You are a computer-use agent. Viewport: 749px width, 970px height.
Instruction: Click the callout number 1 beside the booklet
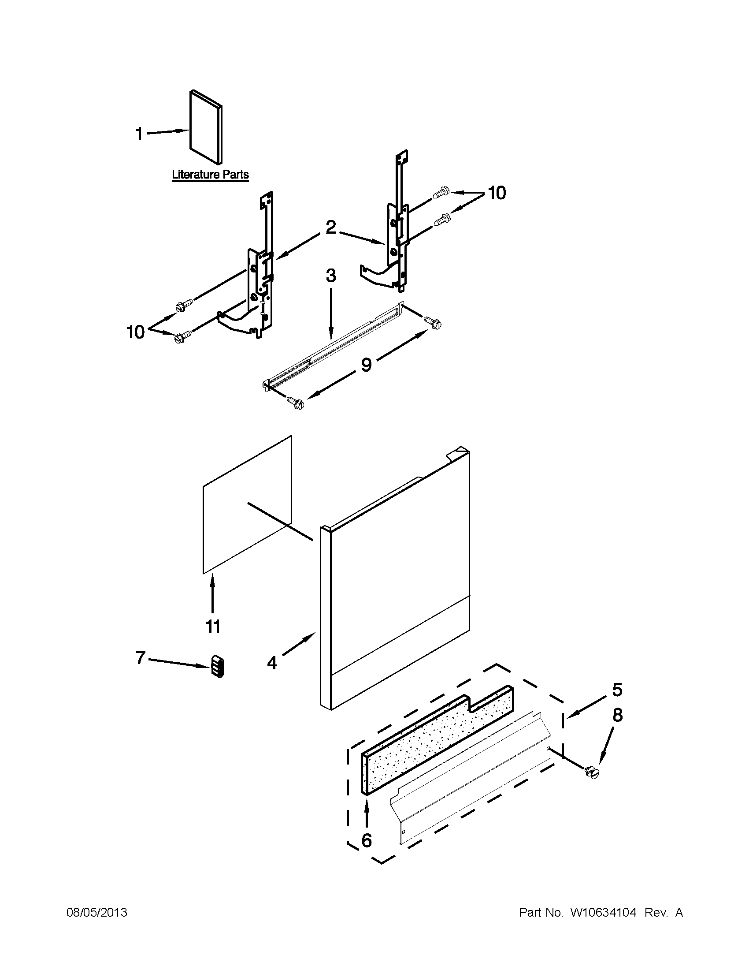pyautogui.click(x=139, y=133)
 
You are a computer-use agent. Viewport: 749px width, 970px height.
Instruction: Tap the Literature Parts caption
pyautogui.click(x=210, y=175)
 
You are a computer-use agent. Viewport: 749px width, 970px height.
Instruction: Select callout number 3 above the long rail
pyautogui.click(x=331, y=276)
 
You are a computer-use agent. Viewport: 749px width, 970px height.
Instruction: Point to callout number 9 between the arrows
pyautogui.click(x=366, y=365)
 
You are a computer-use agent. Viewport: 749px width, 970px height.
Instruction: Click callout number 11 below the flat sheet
pyautogui.click(x=213, y=627)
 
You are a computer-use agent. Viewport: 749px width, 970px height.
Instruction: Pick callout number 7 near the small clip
pyautogui.click(x=141, y=658)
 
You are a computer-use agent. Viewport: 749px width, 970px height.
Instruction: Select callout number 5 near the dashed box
pyautogui.click(x=617, y=690)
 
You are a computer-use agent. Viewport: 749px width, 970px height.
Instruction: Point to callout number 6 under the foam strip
pyautogui.click(x=367, y=840)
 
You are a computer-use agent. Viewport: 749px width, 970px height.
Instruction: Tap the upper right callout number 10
pyautogui.click(x=497, y=193)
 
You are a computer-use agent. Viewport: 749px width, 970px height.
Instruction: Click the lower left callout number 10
pyautogui.click(x=136, y=332)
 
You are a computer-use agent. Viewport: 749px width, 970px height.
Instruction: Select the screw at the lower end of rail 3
pyautogui.click(x=297, y=403)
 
